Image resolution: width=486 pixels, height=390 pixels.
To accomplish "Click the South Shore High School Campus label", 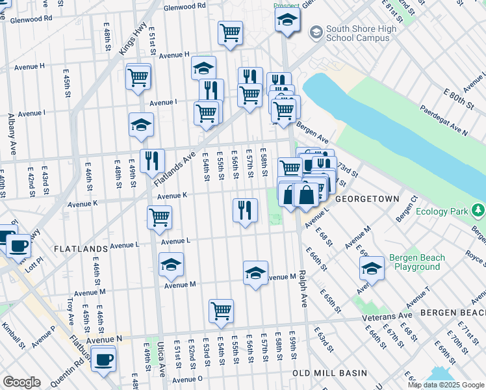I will point(357,33).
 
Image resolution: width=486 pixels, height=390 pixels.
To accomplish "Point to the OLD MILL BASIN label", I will point(329,373).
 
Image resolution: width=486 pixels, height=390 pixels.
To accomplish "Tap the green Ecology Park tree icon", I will point(478,210).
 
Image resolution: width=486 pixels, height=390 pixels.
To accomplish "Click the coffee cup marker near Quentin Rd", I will point(103,359).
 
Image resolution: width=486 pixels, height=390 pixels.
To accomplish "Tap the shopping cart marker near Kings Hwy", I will point(138,77).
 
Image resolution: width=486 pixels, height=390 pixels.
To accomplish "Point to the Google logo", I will point(21,382).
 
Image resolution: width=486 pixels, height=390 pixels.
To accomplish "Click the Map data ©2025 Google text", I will point(444,385).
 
